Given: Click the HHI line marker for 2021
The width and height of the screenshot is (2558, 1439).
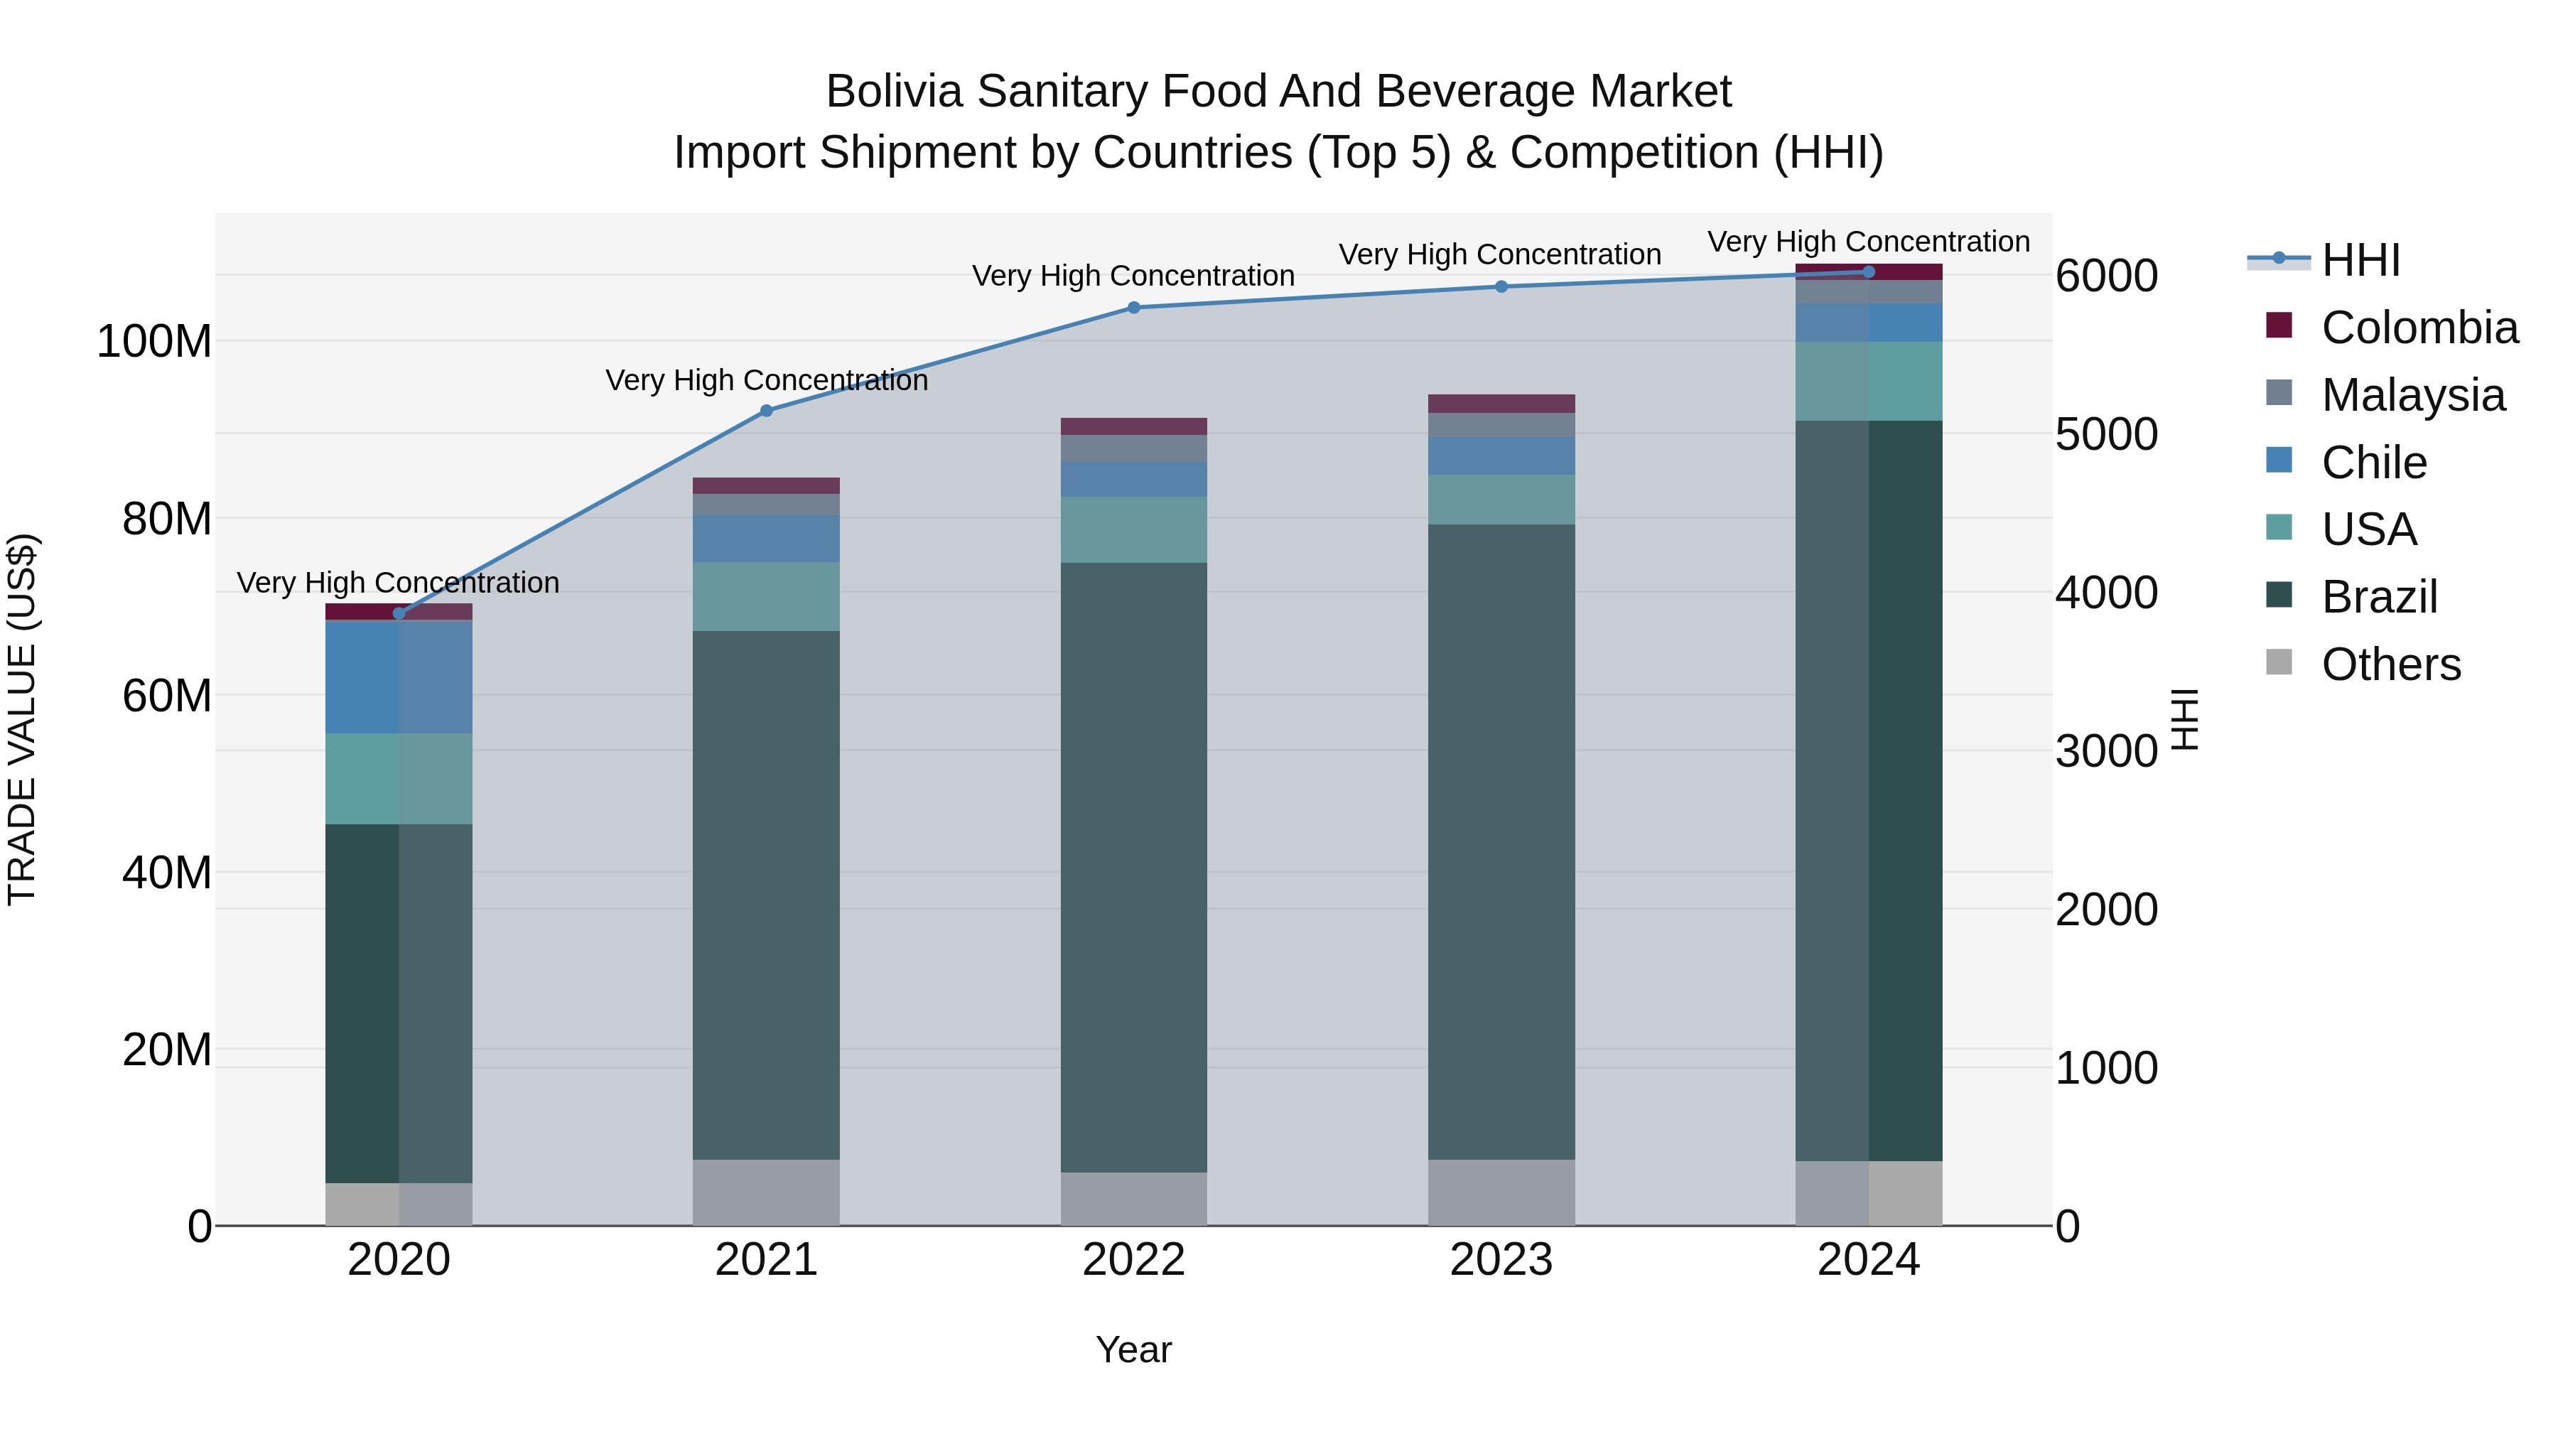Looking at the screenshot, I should [765, 410].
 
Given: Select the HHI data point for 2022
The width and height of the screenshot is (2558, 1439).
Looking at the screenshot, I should [1133, 308].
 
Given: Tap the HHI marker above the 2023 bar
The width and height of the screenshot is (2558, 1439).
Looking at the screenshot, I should [1501, 287].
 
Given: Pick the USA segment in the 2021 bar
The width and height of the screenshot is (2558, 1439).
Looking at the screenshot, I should [765, 596].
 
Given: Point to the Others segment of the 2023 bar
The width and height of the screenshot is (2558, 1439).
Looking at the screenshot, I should [1501, 1192].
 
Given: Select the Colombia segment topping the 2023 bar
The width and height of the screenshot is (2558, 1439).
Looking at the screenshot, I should [1501, 403].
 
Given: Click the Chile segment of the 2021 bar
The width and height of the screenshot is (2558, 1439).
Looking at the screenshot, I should [765, 538].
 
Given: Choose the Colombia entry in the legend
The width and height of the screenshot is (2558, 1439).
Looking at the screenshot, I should [2419, 328].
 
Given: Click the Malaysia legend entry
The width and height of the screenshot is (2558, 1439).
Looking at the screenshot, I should [2413, 395].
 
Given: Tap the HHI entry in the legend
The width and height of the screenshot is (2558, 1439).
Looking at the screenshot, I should [2360, 260].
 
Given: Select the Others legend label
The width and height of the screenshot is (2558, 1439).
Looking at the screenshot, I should [2390, 664].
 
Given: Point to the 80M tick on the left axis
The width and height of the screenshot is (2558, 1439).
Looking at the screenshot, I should [167, 519].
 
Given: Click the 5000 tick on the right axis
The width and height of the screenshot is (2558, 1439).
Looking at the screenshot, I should [2106, 434].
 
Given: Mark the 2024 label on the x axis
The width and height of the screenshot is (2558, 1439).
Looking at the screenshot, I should [1868, 1259].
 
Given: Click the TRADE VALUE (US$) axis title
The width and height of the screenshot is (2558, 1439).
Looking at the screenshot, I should [22, 719].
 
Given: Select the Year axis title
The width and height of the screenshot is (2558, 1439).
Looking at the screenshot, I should [1133, 1349].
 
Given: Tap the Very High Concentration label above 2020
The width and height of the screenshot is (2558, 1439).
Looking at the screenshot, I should [398, 582].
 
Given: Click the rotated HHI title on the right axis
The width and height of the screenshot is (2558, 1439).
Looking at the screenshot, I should [2186, 719].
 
